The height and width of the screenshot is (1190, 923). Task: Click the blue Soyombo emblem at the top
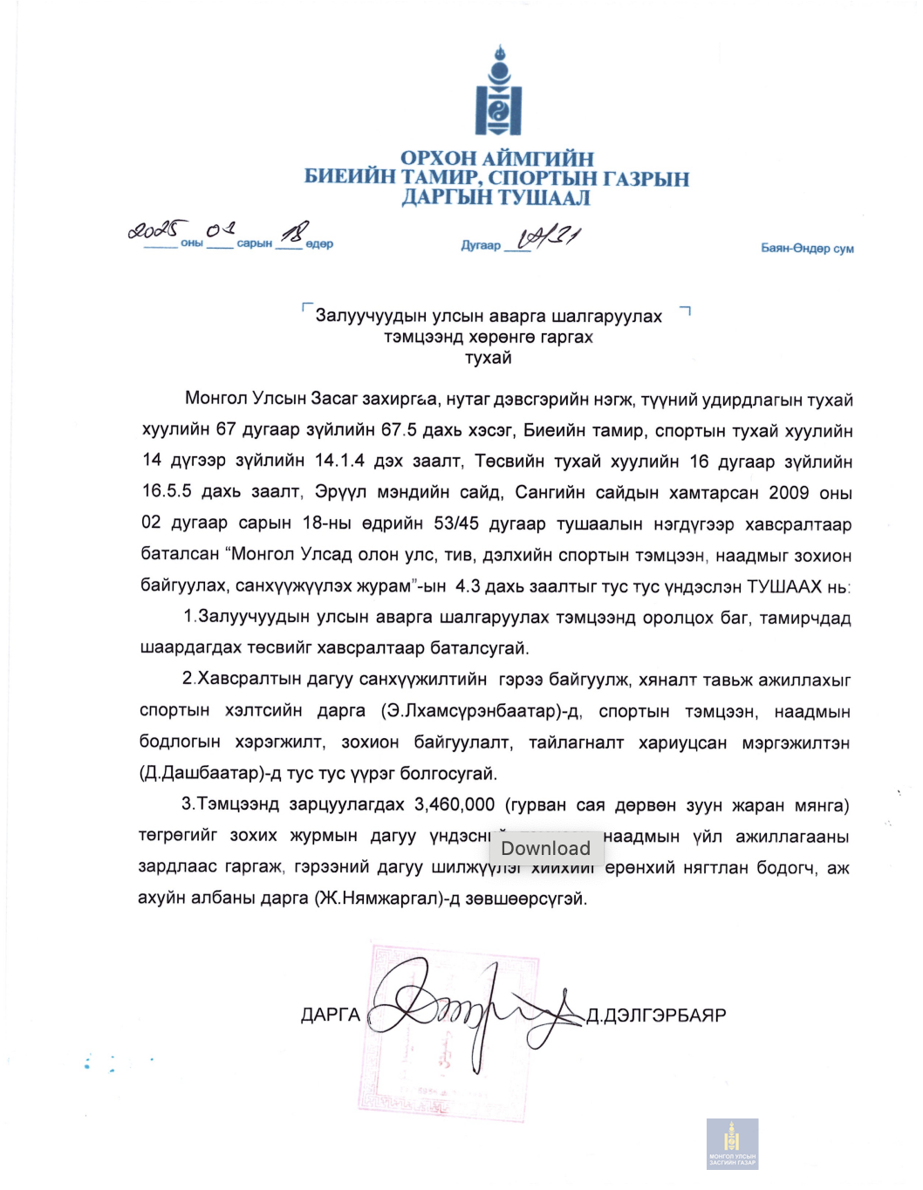[498, 92]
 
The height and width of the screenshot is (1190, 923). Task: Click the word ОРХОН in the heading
[438, 159]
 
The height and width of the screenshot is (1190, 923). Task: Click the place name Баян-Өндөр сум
[807, 249]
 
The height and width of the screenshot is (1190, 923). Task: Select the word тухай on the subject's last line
[489, 358]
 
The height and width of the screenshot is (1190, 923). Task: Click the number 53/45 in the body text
[456, 523]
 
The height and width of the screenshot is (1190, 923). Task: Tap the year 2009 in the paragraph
[789, 492]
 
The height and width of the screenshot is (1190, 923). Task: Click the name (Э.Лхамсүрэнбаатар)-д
[481, 711]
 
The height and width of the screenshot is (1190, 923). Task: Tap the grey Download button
[546, 848]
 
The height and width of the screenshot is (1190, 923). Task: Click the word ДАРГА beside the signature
[331, 1015]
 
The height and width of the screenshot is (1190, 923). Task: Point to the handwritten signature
[471, 1012]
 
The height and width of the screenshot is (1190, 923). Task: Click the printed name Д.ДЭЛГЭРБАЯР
[656, 1016]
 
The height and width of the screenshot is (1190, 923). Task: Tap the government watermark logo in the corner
[732, 1143]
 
